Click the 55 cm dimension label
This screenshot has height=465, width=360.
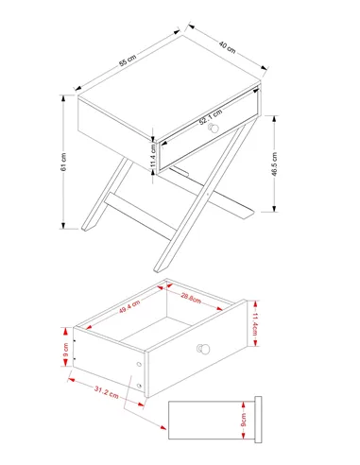pos(128,60)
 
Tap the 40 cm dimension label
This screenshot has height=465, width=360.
pos(227,47)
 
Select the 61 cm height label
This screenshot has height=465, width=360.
pos(63,162)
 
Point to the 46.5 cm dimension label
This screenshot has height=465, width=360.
pos(274,164)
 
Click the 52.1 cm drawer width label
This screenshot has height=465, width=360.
pos(211,117)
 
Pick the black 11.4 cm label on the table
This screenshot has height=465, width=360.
pos(153,156)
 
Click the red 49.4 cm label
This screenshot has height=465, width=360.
pos(129,307)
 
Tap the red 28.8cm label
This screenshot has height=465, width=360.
pos(191,298)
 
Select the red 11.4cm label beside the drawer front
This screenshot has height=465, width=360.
pos(255,324)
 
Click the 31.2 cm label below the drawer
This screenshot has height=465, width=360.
pos(107,392)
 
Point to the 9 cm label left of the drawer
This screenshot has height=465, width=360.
pos(65,350)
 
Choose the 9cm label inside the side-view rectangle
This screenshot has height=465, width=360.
pos(244,420)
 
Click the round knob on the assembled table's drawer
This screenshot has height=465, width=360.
pos(214,128)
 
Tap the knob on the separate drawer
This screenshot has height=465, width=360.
pos(203,349)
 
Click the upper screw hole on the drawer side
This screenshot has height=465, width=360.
pos(139,364)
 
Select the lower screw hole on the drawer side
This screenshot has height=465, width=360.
pos(139,386)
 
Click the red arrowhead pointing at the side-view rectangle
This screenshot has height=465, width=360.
pos(163,427)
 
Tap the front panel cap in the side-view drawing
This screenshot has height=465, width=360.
pos(258,420)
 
